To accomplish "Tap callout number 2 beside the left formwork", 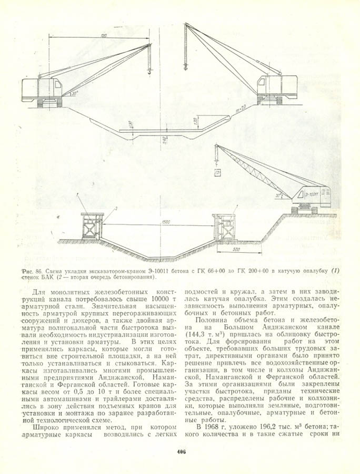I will (x=117, y=209).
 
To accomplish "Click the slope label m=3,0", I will (x=242, y=109).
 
